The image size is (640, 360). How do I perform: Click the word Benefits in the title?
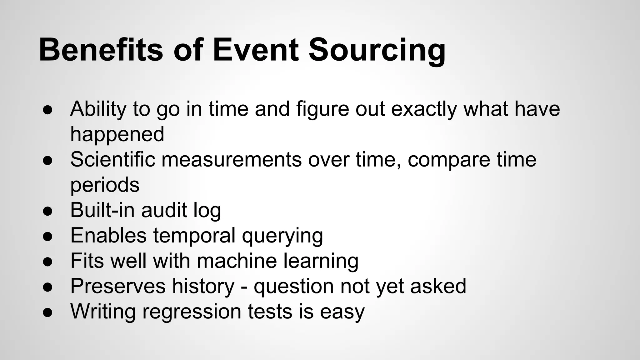pos(101,50)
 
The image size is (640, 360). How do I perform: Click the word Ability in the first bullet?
pos(98,109)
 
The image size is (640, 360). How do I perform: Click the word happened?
pos(117,134)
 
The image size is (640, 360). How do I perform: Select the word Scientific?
pos(112,159)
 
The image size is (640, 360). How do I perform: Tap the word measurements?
pos(232,160)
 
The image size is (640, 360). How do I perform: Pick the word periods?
pos(105,185)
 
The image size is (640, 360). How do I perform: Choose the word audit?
pos(164,210)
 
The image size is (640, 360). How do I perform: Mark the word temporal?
pos(194,236)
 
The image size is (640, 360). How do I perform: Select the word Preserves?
pos(118,286)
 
